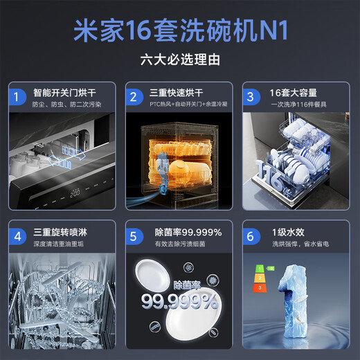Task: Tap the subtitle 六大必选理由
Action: point(179,60)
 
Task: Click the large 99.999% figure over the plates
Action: point(179,300)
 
